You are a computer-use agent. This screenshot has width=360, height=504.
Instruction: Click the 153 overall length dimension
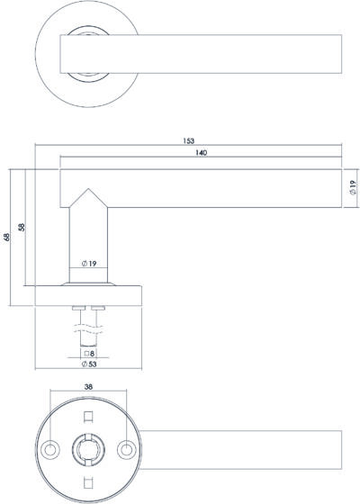pyautogui.click(x=189, y=140)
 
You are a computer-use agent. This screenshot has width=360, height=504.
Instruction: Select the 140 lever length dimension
pyautogui.click(x=202, y=153)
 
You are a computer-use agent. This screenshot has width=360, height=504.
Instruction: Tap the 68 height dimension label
pyautogui.click(x=6, y=237)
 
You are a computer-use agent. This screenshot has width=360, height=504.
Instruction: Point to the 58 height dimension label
pyautogui.click(x=22, y=227)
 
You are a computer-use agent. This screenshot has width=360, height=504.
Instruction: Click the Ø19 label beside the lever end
pyautogui.click(x=353, y=187)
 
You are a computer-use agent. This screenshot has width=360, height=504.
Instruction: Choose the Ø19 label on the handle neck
pyautogui.click(x=89, y=264)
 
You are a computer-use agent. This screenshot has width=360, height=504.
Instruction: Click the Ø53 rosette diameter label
pyautogui.click(x=89, y=364)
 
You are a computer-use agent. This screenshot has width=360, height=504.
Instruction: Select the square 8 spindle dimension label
pyautogui.click(x=89, y=354)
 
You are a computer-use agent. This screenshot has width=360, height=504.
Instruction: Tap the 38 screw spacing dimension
pyautogui.click(x=88, y=387)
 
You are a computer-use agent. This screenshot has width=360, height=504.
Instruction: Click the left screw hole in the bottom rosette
pyautogui.click(x=50, y=449)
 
